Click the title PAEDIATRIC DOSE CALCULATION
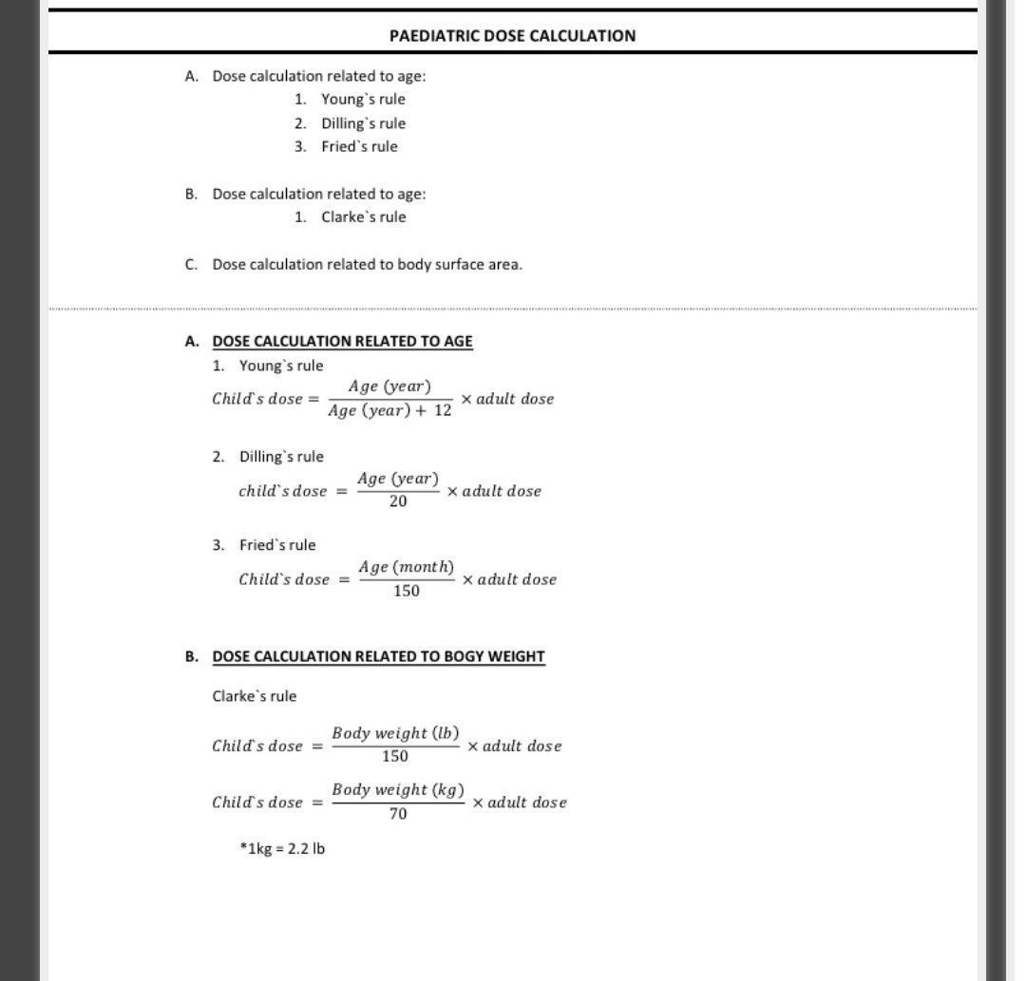coord(512,36)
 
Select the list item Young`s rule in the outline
coord(363,99)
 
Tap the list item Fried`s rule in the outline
coord(359,146)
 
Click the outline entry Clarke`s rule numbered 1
coord(363,217)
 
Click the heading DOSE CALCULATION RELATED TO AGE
coord(342,341)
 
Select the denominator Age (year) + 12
coord(389,411)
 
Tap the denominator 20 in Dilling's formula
coord(398,501)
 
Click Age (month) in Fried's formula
coord(406,567)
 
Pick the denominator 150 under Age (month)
coord(406,591)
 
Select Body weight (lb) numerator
coord(395,733)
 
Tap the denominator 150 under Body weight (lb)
coord(394,757)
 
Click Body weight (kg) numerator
coord(398,789)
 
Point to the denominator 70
coord(398,814)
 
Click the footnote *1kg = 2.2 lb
coord(282,848)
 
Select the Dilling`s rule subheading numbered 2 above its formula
coord(281,457)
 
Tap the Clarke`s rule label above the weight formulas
coord(255,696)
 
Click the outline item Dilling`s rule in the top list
coord(363,123)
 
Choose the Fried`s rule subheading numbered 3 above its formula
coord(277,545)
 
